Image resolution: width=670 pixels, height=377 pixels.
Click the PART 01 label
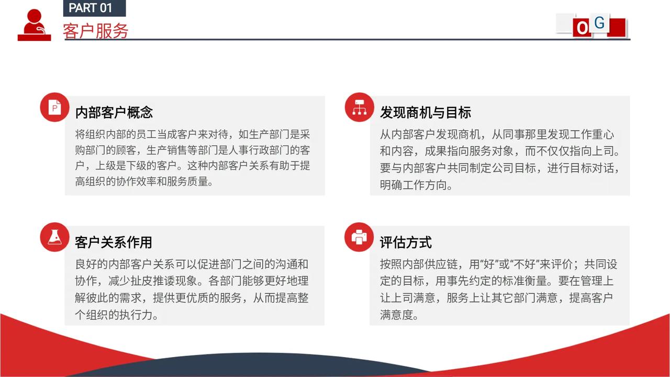(x=91, y=8)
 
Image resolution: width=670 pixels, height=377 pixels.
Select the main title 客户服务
(x=96, y=31)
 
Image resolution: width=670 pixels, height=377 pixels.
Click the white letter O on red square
(x=582, y=28)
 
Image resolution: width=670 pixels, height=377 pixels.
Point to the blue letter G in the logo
(x=599, y=23)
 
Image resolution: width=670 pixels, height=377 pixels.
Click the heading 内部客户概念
(x=114, y=112)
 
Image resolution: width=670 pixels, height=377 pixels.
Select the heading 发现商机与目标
(x=426, y=112)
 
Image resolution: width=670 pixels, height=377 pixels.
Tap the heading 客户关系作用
(x=114, y=242)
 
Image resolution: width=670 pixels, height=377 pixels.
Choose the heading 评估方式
(x=406, y=242)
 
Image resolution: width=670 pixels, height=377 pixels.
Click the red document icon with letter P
(x=55, y=107)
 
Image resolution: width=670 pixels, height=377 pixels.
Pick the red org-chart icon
(x=360, y=107)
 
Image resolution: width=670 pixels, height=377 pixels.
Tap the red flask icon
(x=55, y=237)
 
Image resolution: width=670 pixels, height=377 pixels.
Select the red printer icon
(x=359, y=237)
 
